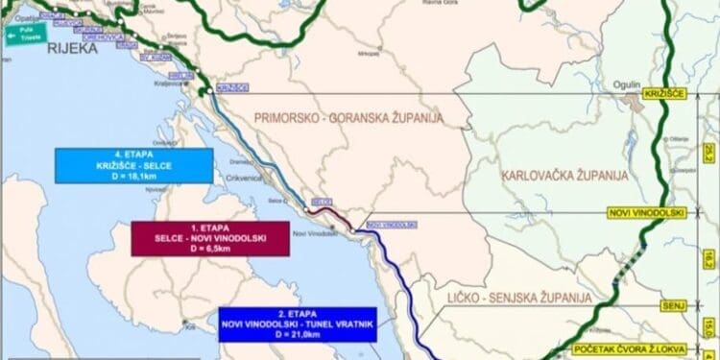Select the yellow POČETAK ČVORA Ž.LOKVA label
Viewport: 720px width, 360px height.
click(x=628, y=349)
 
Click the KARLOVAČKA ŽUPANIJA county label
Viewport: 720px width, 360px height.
click(x=564, y=176)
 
